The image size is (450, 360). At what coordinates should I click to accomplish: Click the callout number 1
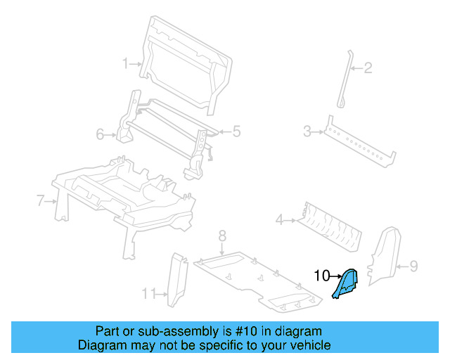126,63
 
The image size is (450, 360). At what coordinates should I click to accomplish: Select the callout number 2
367,68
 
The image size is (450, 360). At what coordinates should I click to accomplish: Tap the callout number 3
307,131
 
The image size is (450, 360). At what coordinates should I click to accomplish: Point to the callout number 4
279,221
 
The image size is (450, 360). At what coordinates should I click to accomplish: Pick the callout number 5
236,131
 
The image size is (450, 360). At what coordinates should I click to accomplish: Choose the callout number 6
100,134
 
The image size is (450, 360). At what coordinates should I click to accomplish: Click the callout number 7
40,201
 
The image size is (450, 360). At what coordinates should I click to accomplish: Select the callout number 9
413,266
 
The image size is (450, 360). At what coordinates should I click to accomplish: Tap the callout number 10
321,276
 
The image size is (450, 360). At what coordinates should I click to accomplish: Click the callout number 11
148,292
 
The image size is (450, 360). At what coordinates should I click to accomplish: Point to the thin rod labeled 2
346,77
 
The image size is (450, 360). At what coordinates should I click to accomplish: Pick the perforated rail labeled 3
359,143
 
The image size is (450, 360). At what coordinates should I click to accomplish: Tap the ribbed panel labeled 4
328,224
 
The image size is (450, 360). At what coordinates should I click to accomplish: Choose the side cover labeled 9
383,257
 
